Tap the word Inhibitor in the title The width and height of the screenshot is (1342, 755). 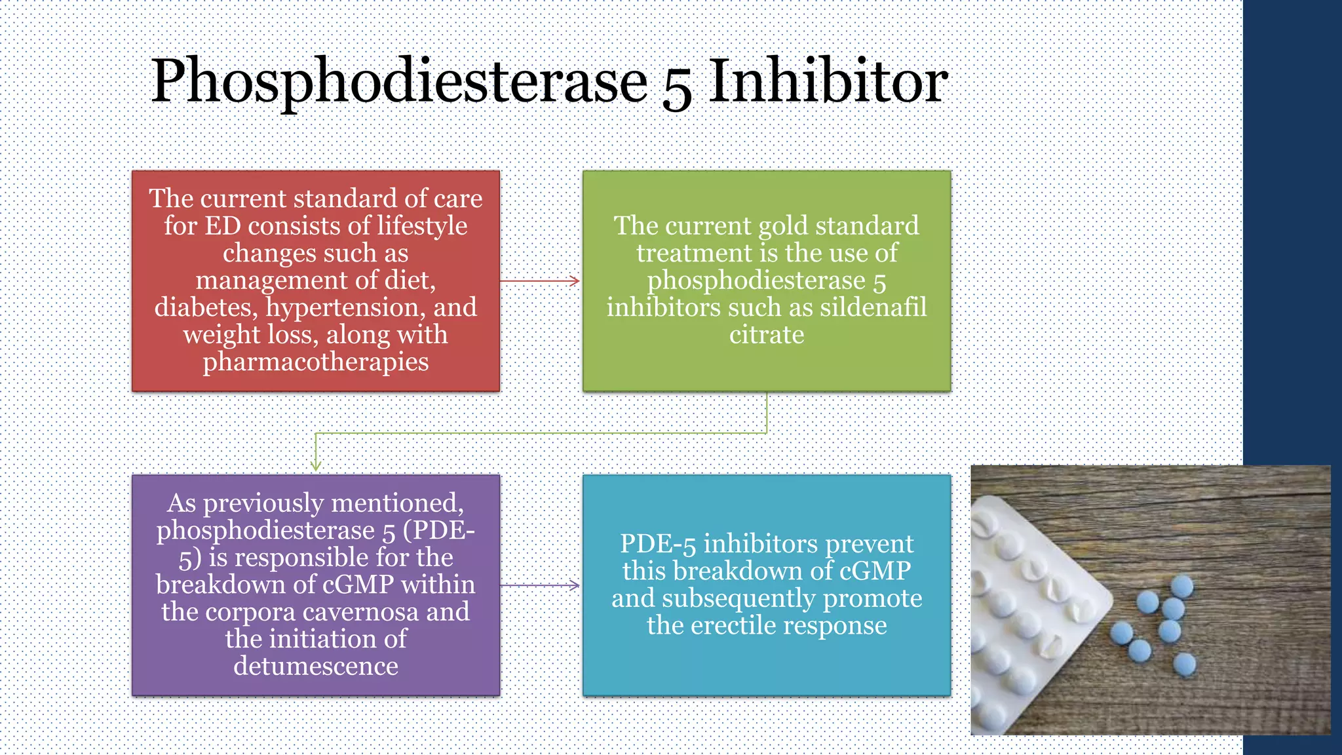coord(828,81)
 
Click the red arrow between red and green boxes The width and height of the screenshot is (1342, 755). coord(540,281)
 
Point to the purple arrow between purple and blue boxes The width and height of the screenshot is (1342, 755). coord(540,585)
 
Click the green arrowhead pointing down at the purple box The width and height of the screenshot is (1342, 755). coord(316,465)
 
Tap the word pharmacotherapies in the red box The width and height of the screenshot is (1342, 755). coord(316,362)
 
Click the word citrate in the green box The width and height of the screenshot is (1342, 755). coord(767,335)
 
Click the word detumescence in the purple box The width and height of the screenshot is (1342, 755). coord(316,667)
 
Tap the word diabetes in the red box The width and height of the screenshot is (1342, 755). coord(206,308)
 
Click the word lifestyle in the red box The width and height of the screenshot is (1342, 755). coord(422,226)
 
